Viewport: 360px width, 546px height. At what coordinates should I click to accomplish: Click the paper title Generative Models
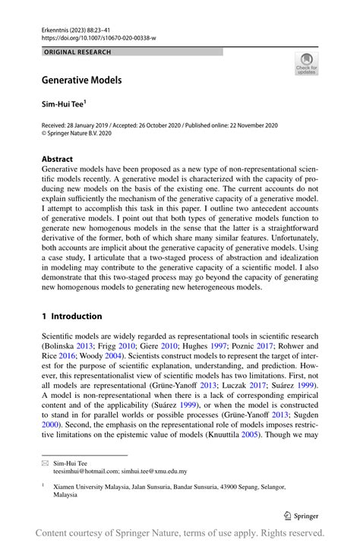click(81, 79)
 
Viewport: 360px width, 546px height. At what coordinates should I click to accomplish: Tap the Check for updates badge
click(306, 64)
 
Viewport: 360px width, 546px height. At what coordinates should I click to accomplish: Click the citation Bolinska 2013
click(68, 346)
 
